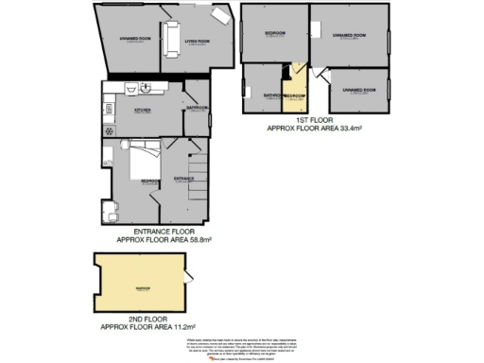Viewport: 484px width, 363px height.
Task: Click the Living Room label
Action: coord(197,40)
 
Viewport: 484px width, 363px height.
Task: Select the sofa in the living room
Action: coord(171,39)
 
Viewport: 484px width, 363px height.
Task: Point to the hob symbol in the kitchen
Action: coord(110,130)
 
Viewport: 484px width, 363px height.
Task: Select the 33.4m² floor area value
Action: coord(345,130)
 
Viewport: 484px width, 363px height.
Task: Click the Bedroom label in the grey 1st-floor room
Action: coord(275,33)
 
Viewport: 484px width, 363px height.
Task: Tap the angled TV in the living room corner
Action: coord(220,15)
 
